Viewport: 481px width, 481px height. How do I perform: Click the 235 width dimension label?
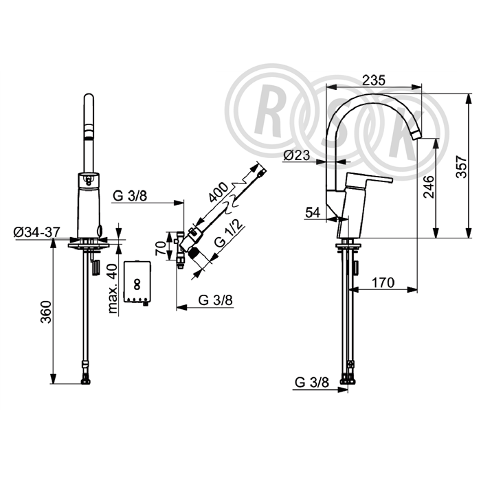(x=373, y=80)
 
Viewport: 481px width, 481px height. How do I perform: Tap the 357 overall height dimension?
(x=462, y=167)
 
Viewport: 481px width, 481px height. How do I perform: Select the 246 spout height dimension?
(x=428, y=186)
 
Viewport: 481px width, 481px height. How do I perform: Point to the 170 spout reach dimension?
(x=383, y=282)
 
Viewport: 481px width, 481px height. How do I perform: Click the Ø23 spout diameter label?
(x=296, y=155)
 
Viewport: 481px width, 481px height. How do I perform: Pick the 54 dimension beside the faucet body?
(x=313, y=212)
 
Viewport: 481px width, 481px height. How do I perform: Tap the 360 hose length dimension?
(x=46, y=312)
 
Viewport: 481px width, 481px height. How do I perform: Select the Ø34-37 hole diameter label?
(x=37, y=232)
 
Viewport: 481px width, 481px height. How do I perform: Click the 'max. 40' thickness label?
(x=113, y=289)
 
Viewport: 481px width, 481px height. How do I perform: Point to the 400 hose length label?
(x=218, y=192)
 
